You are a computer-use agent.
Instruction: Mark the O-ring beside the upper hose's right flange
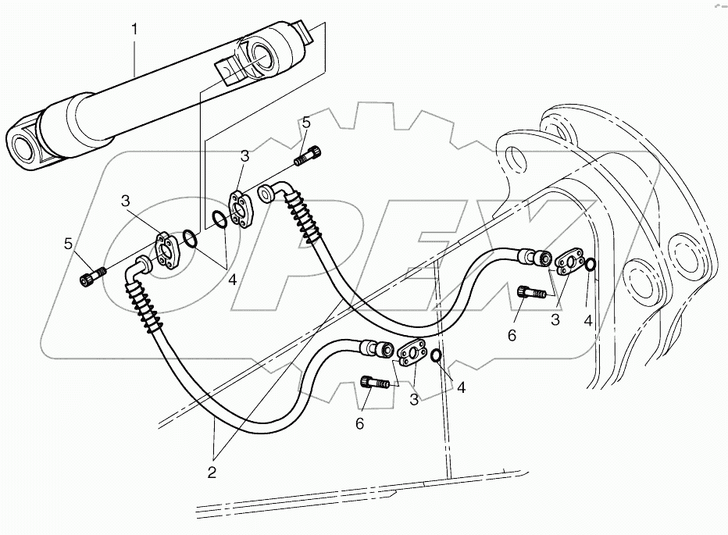point(592,266)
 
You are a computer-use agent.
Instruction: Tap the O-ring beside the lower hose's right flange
point(437,357)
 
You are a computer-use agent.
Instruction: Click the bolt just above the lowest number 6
point(374,383)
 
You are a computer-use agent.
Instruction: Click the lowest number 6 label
point(360,423)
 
